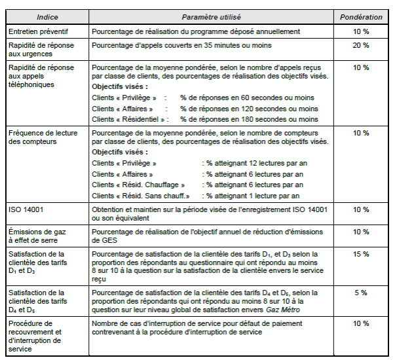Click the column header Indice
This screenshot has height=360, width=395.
click(47, 15)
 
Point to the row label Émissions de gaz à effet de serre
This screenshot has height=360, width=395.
click(38, 235)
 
